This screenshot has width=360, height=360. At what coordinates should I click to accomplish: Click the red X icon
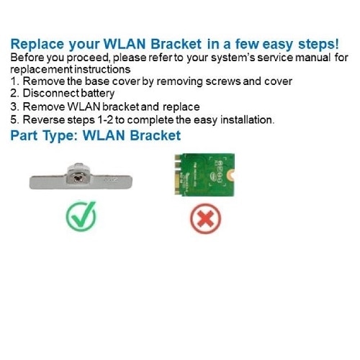pos(206,219)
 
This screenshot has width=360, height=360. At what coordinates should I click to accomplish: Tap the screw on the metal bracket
pos(78,179)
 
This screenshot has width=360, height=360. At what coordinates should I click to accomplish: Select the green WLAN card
pos(204,175)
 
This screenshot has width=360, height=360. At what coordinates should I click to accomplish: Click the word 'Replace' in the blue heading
pos(37,44)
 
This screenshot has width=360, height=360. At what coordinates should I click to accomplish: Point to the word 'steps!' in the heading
pos(318,45)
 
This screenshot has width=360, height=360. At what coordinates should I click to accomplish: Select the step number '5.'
pos(15,120)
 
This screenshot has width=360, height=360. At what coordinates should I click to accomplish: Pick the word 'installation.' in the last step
pos(247,120)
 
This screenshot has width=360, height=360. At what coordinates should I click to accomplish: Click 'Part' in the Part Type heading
pos(24,135)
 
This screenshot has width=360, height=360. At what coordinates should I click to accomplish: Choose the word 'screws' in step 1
pos(223,81)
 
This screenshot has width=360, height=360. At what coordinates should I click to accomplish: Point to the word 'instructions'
pos(102,69)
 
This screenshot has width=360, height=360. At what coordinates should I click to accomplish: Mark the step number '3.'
pos(15,107)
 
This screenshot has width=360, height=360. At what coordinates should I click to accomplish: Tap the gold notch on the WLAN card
pos(231,175)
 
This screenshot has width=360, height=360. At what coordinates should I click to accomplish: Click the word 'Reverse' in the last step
pos(44,120)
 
